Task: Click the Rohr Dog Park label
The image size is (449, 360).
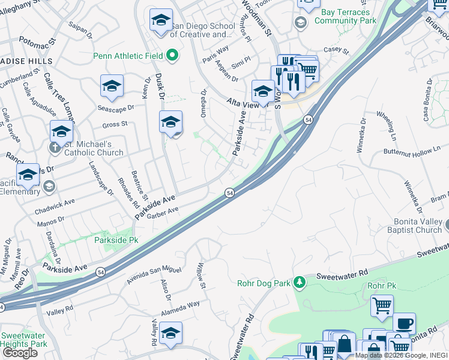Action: tap(263, 283)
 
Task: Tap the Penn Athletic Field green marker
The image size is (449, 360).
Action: tap(173, 56)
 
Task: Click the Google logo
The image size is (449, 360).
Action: tap(20, 353)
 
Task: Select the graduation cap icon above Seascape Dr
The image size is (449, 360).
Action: tap(112, 87)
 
